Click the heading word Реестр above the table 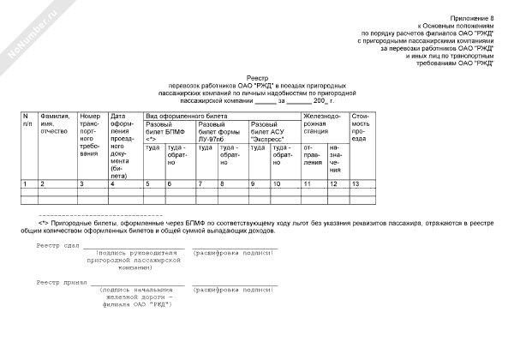click(258, 77)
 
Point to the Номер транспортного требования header click(92, 135)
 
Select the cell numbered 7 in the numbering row click(200, 184)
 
